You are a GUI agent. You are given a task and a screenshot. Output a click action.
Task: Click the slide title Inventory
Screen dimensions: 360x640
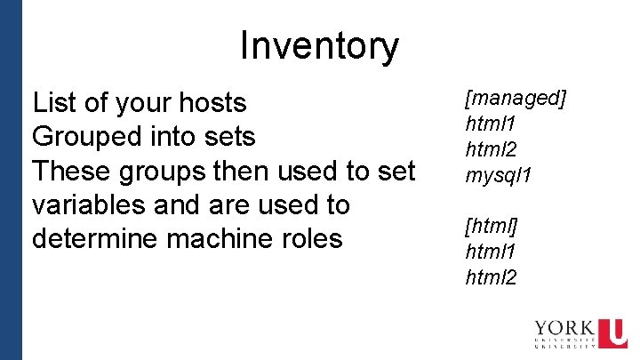(319, 46)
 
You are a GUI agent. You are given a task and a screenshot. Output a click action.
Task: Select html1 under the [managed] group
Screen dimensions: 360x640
(491, 124)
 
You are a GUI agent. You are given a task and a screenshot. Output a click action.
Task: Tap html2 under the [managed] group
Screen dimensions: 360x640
(491, 148)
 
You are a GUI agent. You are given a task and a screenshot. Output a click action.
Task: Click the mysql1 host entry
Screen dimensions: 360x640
(499, 175)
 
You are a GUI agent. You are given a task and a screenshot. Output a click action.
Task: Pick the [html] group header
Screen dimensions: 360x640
(492, 227)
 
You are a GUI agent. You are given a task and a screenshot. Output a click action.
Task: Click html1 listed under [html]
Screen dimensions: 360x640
(491, 252)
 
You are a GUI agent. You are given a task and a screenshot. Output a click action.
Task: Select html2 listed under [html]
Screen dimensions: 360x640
(491, 277)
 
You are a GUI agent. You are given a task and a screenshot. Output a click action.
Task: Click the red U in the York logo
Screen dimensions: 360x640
(612, 333)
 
